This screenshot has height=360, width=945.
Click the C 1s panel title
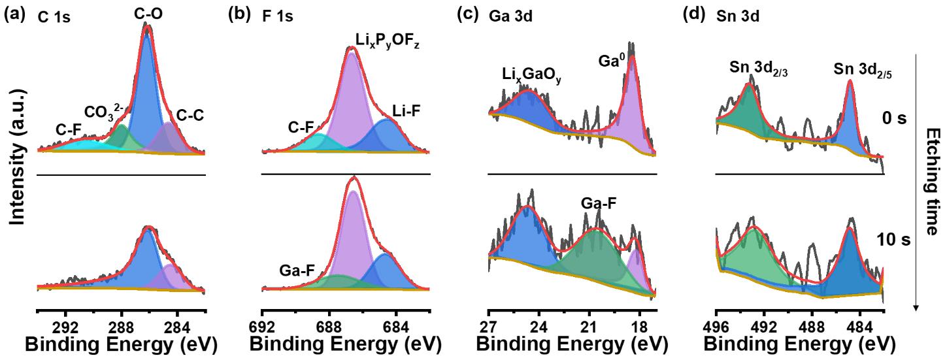(54, 18)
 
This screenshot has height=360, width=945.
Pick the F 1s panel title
(277, 18)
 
